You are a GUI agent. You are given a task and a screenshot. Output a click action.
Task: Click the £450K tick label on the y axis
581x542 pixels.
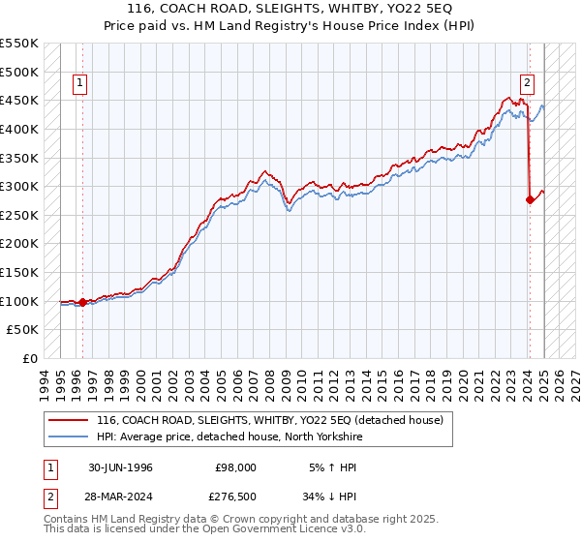pos(19,100)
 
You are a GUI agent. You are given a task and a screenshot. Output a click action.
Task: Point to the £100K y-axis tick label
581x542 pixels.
pos(19,301)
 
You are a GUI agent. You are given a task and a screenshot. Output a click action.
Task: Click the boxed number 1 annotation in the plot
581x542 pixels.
pos(81,83)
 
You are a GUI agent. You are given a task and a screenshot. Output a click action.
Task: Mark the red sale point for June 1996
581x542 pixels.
pos(82,302)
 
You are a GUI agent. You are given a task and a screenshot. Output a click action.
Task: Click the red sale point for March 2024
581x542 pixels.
pos(530,200)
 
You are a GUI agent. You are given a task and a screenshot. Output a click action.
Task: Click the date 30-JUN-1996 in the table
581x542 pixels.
pos(120,467)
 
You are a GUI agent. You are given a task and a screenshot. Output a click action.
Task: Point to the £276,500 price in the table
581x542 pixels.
pos(236,496)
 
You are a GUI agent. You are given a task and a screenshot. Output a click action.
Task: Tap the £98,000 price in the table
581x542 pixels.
pos(236,467)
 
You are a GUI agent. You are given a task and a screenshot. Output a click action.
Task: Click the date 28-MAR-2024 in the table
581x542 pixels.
pos(121,496)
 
